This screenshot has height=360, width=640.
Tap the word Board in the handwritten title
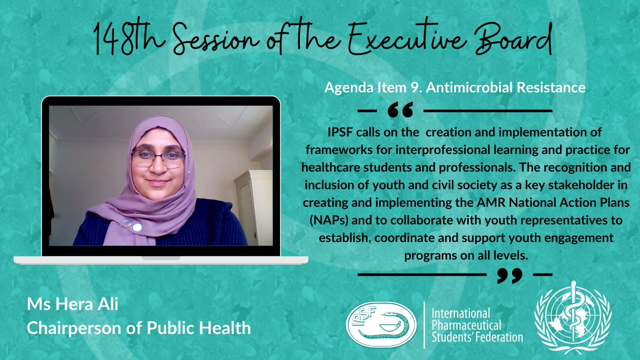(513, 38)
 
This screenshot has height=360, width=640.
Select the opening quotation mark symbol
(401, 110)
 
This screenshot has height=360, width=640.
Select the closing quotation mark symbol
(510, 275)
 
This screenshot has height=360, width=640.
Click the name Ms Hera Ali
(73, 304)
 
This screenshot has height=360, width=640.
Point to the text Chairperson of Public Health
(139, 328)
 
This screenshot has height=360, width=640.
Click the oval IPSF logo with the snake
(381, 325)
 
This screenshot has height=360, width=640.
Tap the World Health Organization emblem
(573, 318)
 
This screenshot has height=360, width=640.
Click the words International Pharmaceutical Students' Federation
(477, 325)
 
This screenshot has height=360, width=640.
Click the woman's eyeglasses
(158, 159)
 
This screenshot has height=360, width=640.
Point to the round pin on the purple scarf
(137, 227)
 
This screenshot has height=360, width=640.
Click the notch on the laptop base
(161, 258)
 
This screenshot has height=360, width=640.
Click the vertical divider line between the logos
(425, 325)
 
